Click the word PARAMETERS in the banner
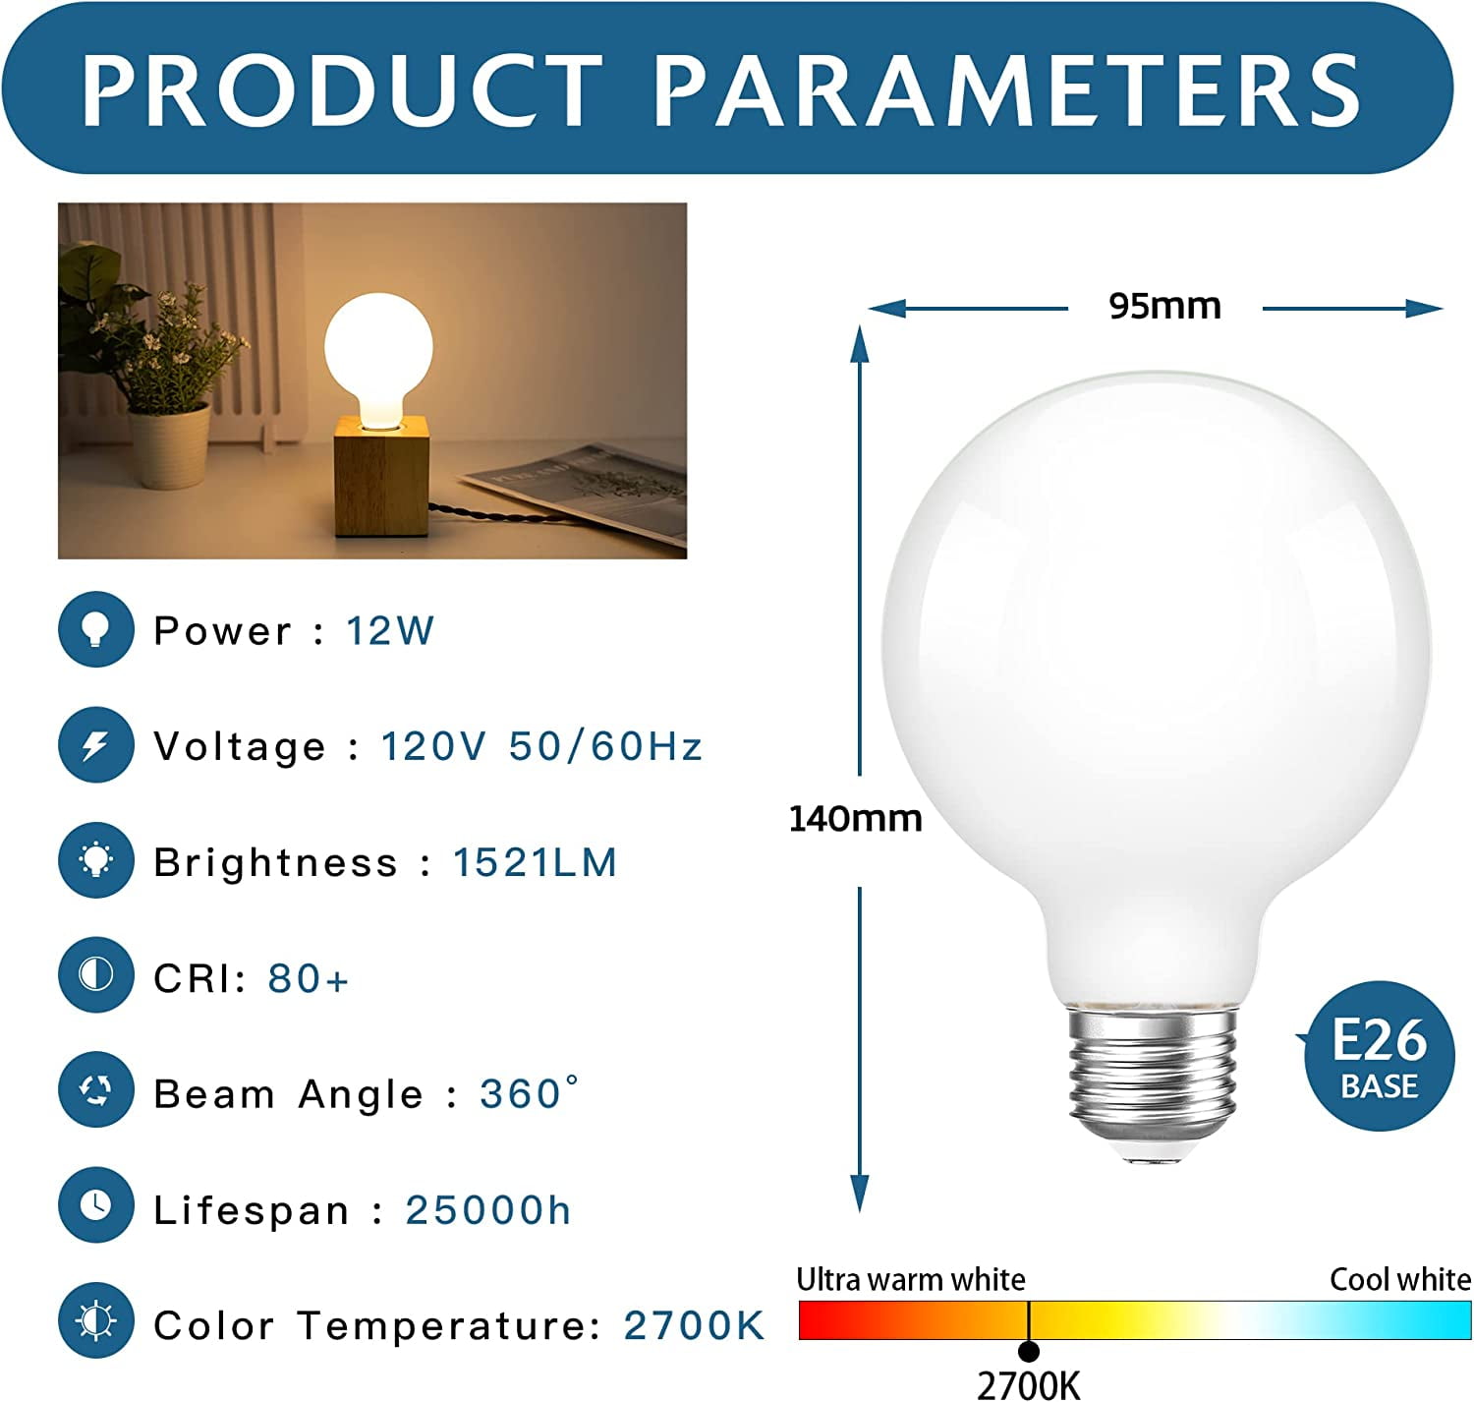coord(1006,91)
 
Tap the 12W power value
coord(390,630)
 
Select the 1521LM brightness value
coord(536,862)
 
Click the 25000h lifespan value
coord(488,1210)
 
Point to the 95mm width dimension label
coord(1165,306)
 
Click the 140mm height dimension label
coord(856,818)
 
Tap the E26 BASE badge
coord(1379,1056)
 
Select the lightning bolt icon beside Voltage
coord(96,745)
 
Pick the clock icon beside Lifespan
coord(96,1205)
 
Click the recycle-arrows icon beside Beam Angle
coord(96,1090)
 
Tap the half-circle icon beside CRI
coord(96,975)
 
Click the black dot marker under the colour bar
coord(1029,1352)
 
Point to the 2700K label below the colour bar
coord(1029,1384)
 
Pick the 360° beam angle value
coord(530,1093)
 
